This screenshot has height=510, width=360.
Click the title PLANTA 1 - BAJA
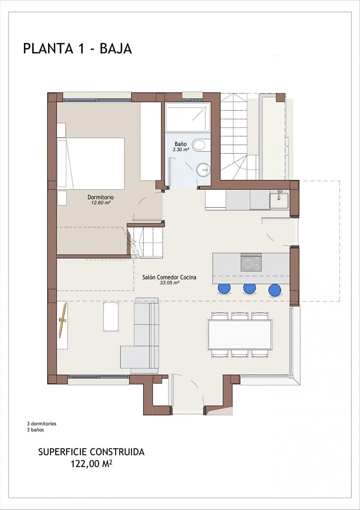tap(77, 49)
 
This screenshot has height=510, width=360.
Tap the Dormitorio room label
tap(101, 197)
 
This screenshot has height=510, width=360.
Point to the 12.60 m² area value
tap(101, 203)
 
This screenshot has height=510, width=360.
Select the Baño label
tap(181, 144)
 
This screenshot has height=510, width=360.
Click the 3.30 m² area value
tap(181, 150)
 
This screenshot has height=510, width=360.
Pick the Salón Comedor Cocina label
tap(169, 277)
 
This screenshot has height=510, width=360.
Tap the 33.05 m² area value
tap(169, 283)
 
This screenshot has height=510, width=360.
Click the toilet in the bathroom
tap(199, 144)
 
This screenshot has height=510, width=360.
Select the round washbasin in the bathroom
tap(203, 170)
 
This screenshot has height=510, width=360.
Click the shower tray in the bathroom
tap(188, 117)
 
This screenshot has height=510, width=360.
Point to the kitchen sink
tap(279, 200)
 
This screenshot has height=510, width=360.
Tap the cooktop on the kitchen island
tap(251, 263)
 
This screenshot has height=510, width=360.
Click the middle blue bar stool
tap(249, 288)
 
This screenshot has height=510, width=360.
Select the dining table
tap(240, 335)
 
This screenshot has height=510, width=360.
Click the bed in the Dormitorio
tap(91, 163)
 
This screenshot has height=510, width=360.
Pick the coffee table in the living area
tap(111, 317)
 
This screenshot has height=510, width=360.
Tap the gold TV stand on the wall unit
tap(62, 320)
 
